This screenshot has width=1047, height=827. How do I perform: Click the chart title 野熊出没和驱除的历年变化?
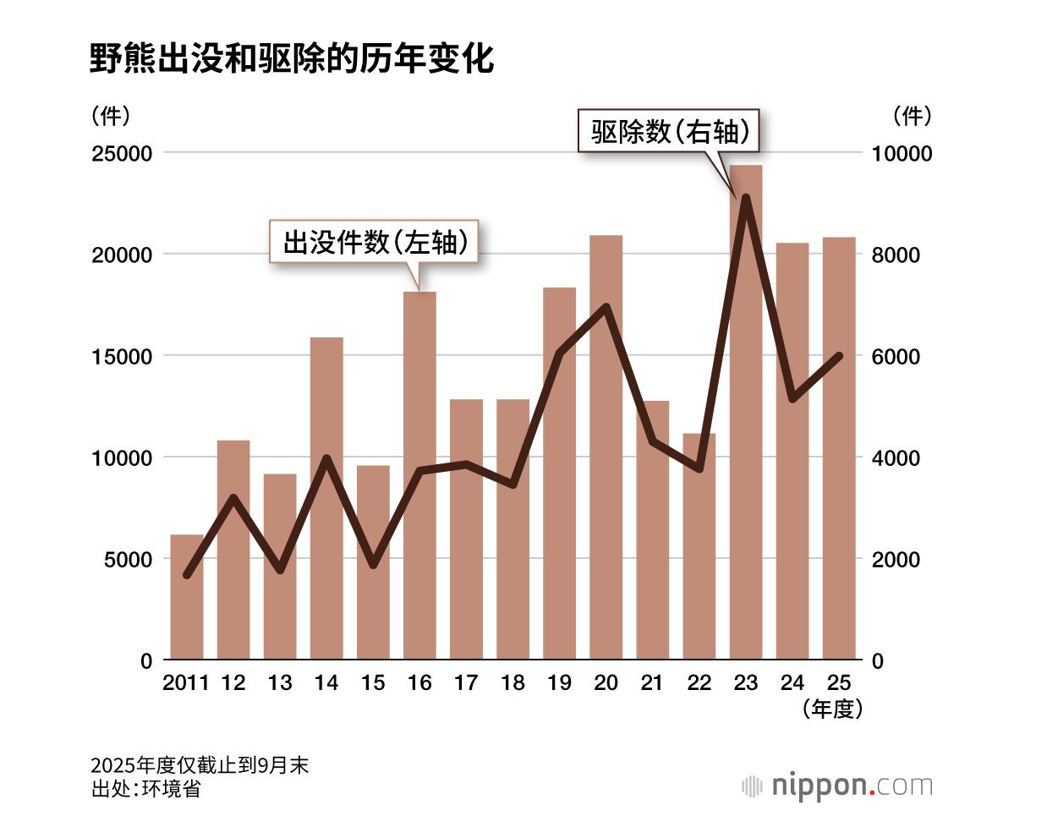pos(292,59)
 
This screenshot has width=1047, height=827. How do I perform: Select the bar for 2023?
pos(746,423)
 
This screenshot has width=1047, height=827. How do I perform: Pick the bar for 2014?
pos(326,507)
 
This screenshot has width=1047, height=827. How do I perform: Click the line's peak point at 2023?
pos(746,198)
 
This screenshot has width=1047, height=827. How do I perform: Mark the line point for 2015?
pos(373,564)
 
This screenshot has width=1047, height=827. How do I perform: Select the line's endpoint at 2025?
pos(839,356)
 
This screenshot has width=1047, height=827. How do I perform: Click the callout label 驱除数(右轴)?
pos(669,131)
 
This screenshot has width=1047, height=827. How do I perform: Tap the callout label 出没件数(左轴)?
pos(375,243)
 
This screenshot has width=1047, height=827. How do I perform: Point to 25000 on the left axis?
pos(122,153)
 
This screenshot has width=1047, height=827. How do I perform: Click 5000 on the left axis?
pos(128,559)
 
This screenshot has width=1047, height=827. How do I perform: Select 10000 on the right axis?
pos(902,153)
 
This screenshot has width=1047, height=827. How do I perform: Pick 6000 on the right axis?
pos(896,356)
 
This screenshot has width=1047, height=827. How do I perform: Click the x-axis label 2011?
pos(185,682)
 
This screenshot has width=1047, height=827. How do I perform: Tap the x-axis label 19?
pos(559,682)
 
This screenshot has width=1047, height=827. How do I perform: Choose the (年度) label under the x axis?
pos(833,709)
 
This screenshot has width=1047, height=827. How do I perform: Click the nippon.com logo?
pos(837,786)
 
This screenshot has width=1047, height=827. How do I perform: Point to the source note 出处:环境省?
pos(145,789)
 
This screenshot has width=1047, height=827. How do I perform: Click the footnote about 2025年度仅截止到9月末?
pos(200,765)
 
